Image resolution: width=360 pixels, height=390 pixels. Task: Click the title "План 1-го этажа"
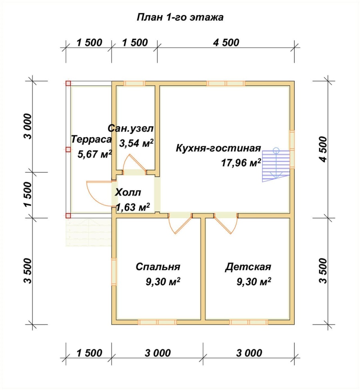click(180, 18)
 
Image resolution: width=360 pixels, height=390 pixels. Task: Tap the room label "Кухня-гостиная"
click(218, 148)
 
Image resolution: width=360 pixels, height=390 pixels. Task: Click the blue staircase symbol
click(275, 165)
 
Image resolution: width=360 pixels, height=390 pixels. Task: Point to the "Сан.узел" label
click(130, 129)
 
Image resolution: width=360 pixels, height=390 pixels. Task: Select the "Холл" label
click(128, 193)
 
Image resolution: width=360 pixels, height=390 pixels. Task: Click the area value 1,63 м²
click(133, 206)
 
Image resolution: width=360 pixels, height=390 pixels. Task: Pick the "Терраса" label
click(91, 139)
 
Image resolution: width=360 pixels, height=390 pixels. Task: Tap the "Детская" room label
click(248, 267)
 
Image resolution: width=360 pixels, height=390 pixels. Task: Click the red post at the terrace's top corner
click(68, 83)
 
